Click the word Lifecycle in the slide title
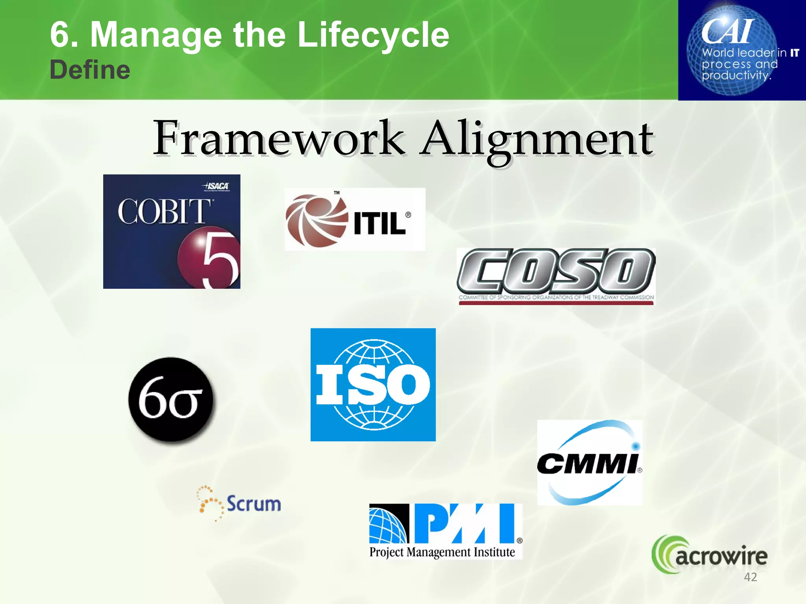point(373,35)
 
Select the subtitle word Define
point(90,70)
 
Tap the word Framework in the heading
point(279,138)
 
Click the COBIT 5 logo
point(172,231)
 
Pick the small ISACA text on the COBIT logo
point(216,186)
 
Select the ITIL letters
point(379,223)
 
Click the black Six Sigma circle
point(171,400)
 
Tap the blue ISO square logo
point(373,385)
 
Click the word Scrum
point(254,504)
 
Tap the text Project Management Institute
point(442,552)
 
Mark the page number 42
point(751,577)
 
